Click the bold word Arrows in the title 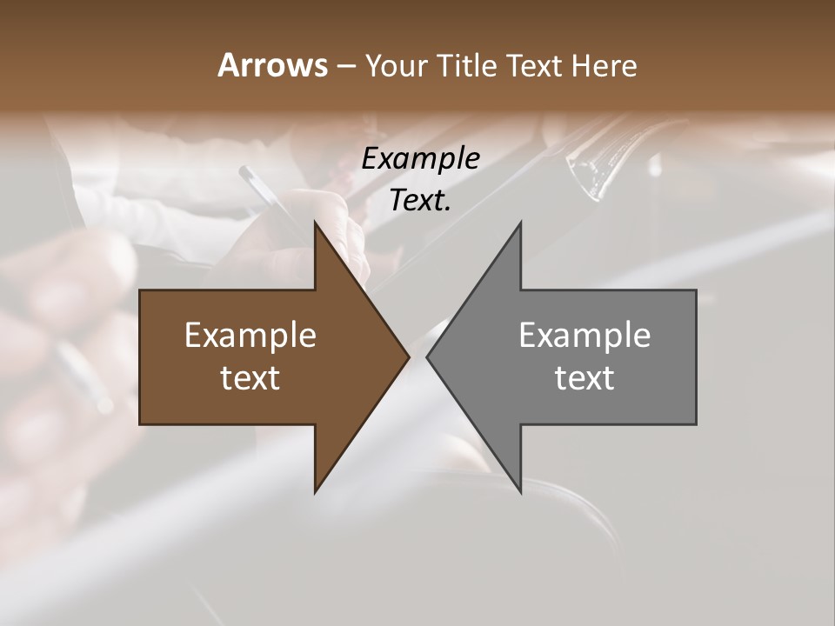pos(272,65)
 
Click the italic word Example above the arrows pos(420,159)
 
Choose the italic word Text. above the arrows pos(420,201)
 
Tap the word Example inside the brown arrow pos(250,336)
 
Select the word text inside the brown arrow pos(250,378)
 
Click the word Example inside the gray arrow pos(584,336)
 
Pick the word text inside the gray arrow pos(584,378)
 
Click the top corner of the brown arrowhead pos(316,224)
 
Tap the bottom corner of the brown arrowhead pos(316,490)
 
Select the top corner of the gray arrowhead pos(520,224)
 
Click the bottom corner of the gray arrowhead pos(520,490)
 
